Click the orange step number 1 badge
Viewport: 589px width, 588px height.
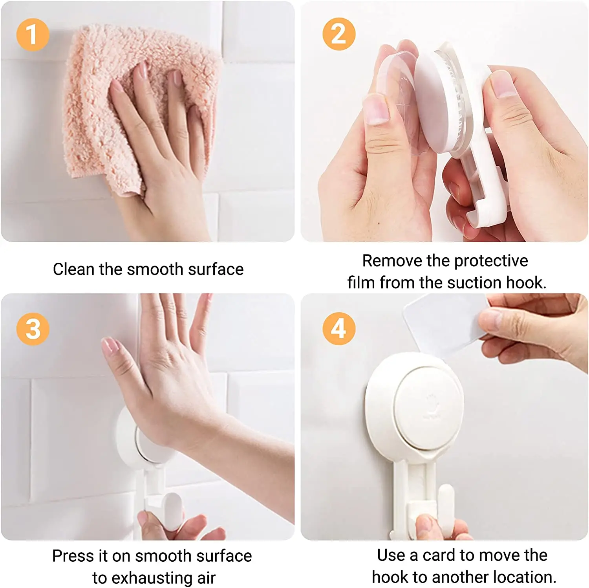coord(33,35)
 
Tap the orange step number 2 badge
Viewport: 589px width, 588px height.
coord(339,34)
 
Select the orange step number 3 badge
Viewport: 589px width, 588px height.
coord(33,329)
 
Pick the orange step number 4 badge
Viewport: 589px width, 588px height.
coord(339,329)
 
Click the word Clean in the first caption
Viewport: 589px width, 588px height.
coord(74,269)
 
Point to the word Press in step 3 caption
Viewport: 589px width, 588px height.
coord(74,556)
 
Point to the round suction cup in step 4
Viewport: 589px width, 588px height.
coord(414,407)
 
